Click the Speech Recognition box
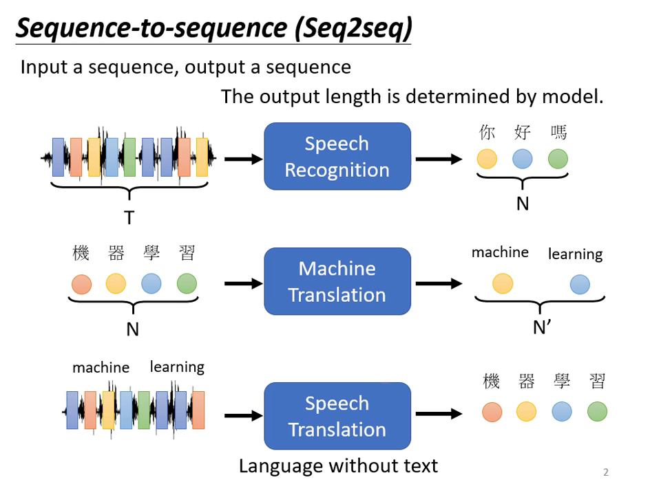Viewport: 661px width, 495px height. tap(337, 156)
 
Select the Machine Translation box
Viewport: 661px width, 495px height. tap(337, 281)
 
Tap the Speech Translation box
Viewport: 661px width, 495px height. tap(337, 416)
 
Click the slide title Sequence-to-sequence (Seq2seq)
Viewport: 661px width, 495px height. tap(213, 29)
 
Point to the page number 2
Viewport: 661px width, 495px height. tap(606, 472)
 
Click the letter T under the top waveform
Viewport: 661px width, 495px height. tap(129, 218)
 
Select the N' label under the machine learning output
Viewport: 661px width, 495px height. tap(542, 327)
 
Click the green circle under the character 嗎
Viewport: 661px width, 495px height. tap(558, 159)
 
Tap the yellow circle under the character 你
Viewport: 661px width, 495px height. tap(487, 159)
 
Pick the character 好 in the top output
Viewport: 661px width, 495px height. tap(522, 132)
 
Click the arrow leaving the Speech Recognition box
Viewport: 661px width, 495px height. tap(439, 159)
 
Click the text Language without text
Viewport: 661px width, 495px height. tap(338, 465)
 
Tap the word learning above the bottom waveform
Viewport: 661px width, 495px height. tap(177, 367)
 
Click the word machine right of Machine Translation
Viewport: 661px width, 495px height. tap(500, 252)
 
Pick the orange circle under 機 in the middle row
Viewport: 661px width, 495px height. tap(81, 283)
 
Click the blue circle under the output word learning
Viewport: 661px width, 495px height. tap(580, 283)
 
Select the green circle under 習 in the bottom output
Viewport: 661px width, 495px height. tap(597, 411)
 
